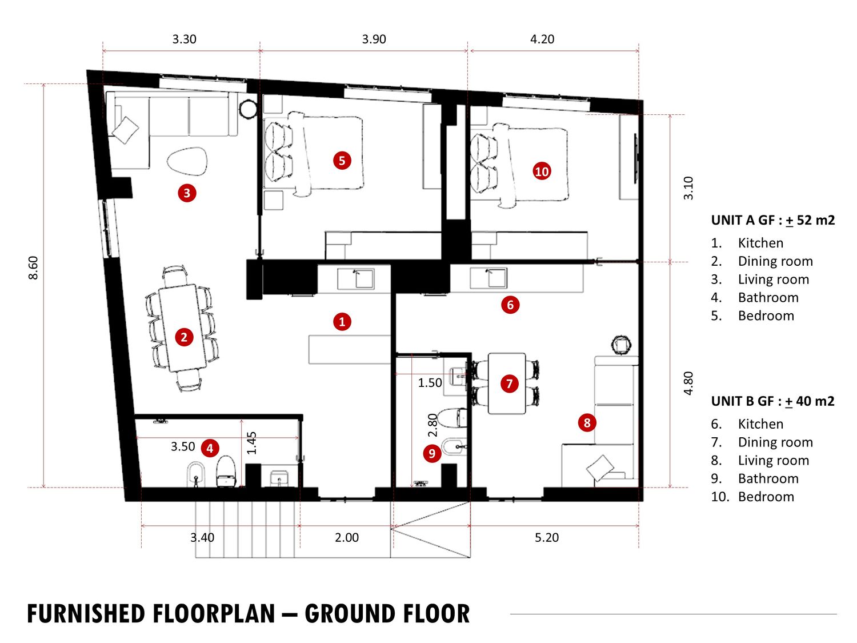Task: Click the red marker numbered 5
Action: click(x=342, y=161)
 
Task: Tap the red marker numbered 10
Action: click(x=542, y=171)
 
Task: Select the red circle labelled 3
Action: click(x=187, y=193)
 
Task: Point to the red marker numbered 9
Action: click(x=432, y=453)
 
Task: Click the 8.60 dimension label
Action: click(x=34, y=268)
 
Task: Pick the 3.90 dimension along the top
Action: click(x=374, y=39)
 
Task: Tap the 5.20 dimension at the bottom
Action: click(x=547, y=538)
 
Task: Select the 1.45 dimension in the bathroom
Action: click(x=252, y=443)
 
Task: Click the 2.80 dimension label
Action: click(x=432, y=426)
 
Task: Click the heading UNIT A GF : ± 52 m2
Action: click(x=772, y=220)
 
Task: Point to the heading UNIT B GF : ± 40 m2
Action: click(x=772, y=401)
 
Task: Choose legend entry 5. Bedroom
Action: click(x=752, y=315)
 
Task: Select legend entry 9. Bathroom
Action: click(x=755, y=478)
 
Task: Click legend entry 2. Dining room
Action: click(x=762, y=261)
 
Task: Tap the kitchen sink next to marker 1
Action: click(x=356, y=278)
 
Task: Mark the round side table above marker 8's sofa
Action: click(x=621, y=345)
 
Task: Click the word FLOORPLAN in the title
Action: click(x=214, y=613)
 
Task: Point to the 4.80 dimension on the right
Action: click(x=688, y=383)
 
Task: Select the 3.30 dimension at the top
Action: click(x=185, y=39)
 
